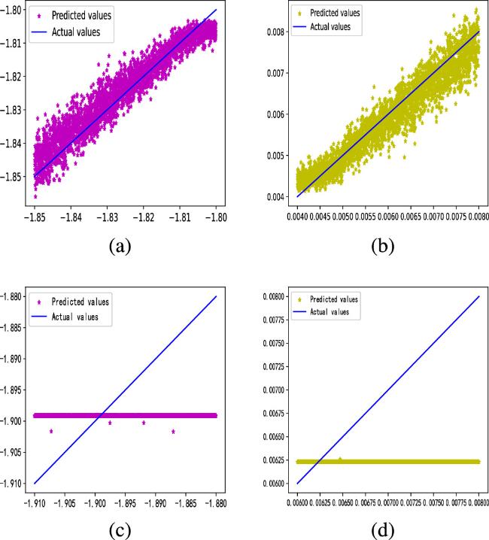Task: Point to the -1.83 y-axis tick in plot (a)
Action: [x=15, y=110]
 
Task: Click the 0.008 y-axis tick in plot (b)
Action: [x=275, y=32]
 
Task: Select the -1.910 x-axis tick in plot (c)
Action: [x=35, y=499]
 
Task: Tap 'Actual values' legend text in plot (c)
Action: [x=80, y=317]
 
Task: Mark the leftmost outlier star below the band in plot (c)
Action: [x=51, y=431]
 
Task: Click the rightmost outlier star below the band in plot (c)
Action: [x=174, y=431]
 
